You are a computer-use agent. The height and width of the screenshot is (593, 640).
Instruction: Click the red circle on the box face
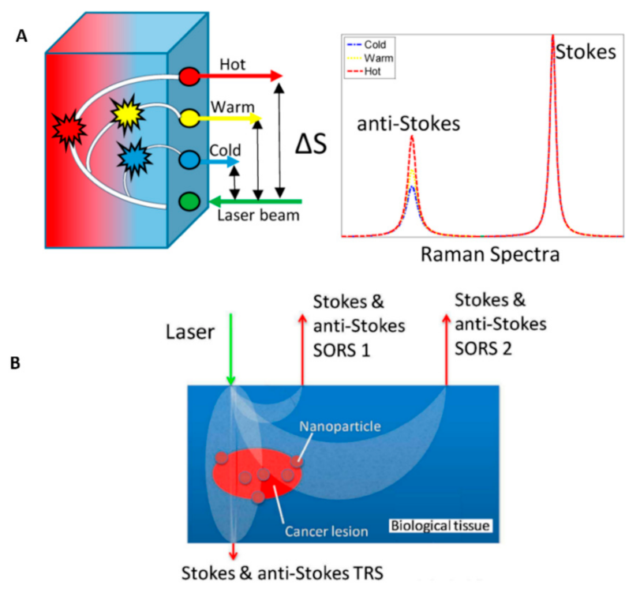point(189,77)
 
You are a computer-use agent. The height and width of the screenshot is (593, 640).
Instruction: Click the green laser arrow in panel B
point(230,347)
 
